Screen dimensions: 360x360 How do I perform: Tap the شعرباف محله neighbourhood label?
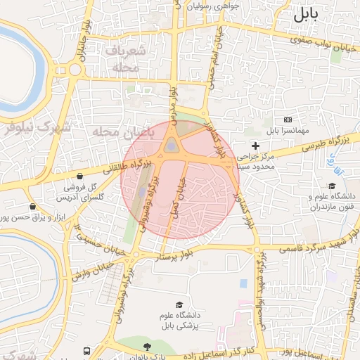point(127,59)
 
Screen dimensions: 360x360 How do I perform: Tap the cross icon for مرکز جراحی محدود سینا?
point(255,144)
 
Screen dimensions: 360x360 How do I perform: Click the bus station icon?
point(86,350)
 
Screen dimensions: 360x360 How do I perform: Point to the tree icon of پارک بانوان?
point(146,346)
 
